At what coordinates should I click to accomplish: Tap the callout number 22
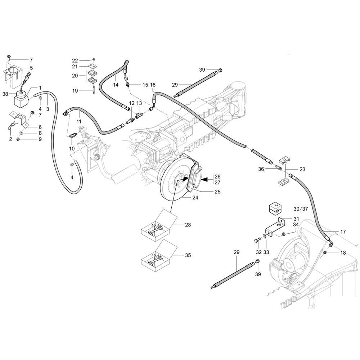75,60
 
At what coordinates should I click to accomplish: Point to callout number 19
75,91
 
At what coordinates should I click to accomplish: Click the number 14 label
116,85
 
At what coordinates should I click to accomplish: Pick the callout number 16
153,85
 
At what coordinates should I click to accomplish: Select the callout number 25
217,192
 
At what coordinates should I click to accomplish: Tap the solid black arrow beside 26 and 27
204,179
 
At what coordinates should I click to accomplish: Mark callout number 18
343,253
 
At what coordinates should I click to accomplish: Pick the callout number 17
343,232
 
